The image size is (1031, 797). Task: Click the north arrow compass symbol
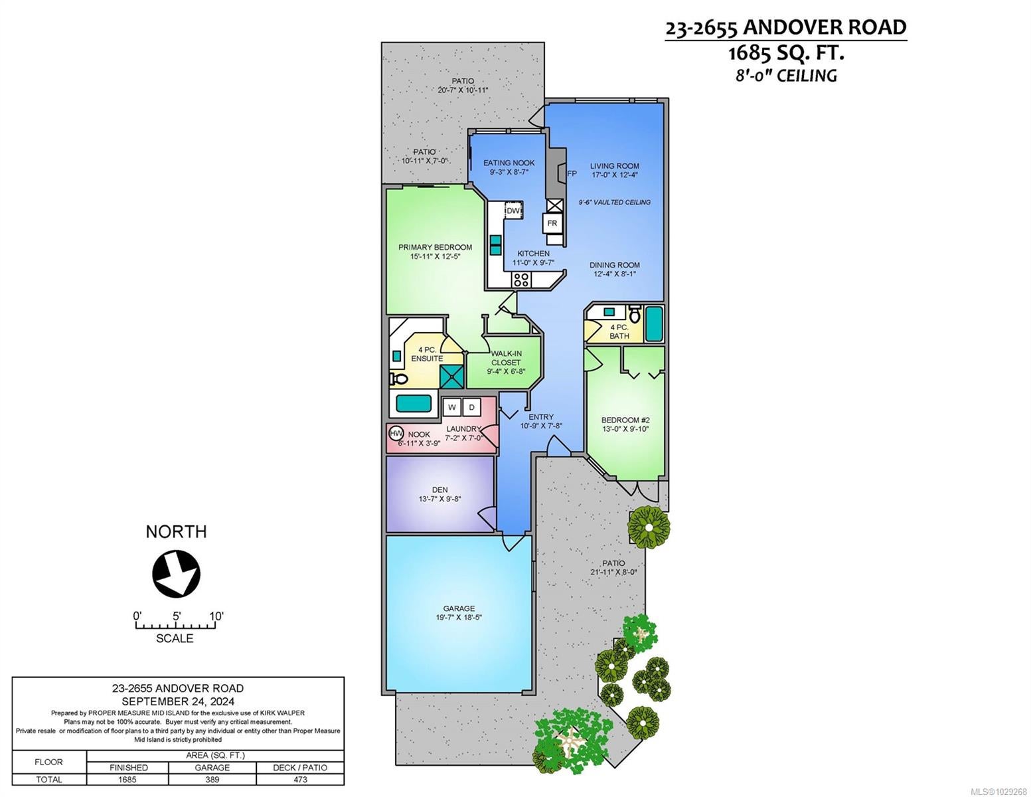coord(176,573)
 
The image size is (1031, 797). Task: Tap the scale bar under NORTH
coord(175,625)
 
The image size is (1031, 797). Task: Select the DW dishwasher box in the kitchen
coord(513,211)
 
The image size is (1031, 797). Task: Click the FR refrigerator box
coord(552,223)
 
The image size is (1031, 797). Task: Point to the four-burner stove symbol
coord(521,280)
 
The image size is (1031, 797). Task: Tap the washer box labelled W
coord(451,407)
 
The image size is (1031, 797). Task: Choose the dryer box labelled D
coord(471,407)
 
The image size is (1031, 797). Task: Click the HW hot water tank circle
coord(396,434)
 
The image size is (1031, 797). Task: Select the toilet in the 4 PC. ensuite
coord(398,379)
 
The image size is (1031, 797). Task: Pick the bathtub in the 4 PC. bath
coord(654,324)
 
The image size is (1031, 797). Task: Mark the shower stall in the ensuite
coord(451,377)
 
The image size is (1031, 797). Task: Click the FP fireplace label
coord(572,174)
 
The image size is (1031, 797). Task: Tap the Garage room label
coord(459,608)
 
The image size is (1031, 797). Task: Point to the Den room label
coord(440,489)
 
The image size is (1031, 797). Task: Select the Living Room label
coord(615,166)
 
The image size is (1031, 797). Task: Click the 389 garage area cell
coord(212,780)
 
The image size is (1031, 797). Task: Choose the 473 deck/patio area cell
coord(300,780)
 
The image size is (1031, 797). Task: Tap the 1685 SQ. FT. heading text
coord(786,53)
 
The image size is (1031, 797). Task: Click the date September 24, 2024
coord(178,701)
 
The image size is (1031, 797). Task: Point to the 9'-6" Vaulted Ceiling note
coord(615,202)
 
